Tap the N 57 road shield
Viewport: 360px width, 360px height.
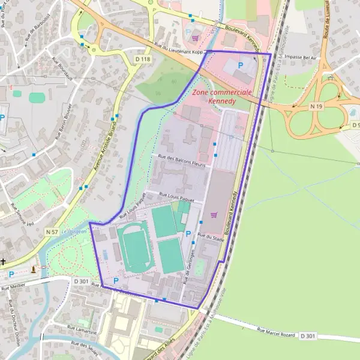[52, 230]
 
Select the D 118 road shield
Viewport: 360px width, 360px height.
[142, 59]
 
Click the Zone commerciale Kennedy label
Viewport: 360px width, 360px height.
[222, 97]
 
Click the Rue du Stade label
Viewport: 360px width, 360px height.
[210, 238]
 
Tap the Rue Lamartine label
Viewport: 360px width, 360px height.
[82, 329]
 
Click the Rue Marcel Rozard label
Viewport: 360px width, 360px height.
[277, 332]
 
